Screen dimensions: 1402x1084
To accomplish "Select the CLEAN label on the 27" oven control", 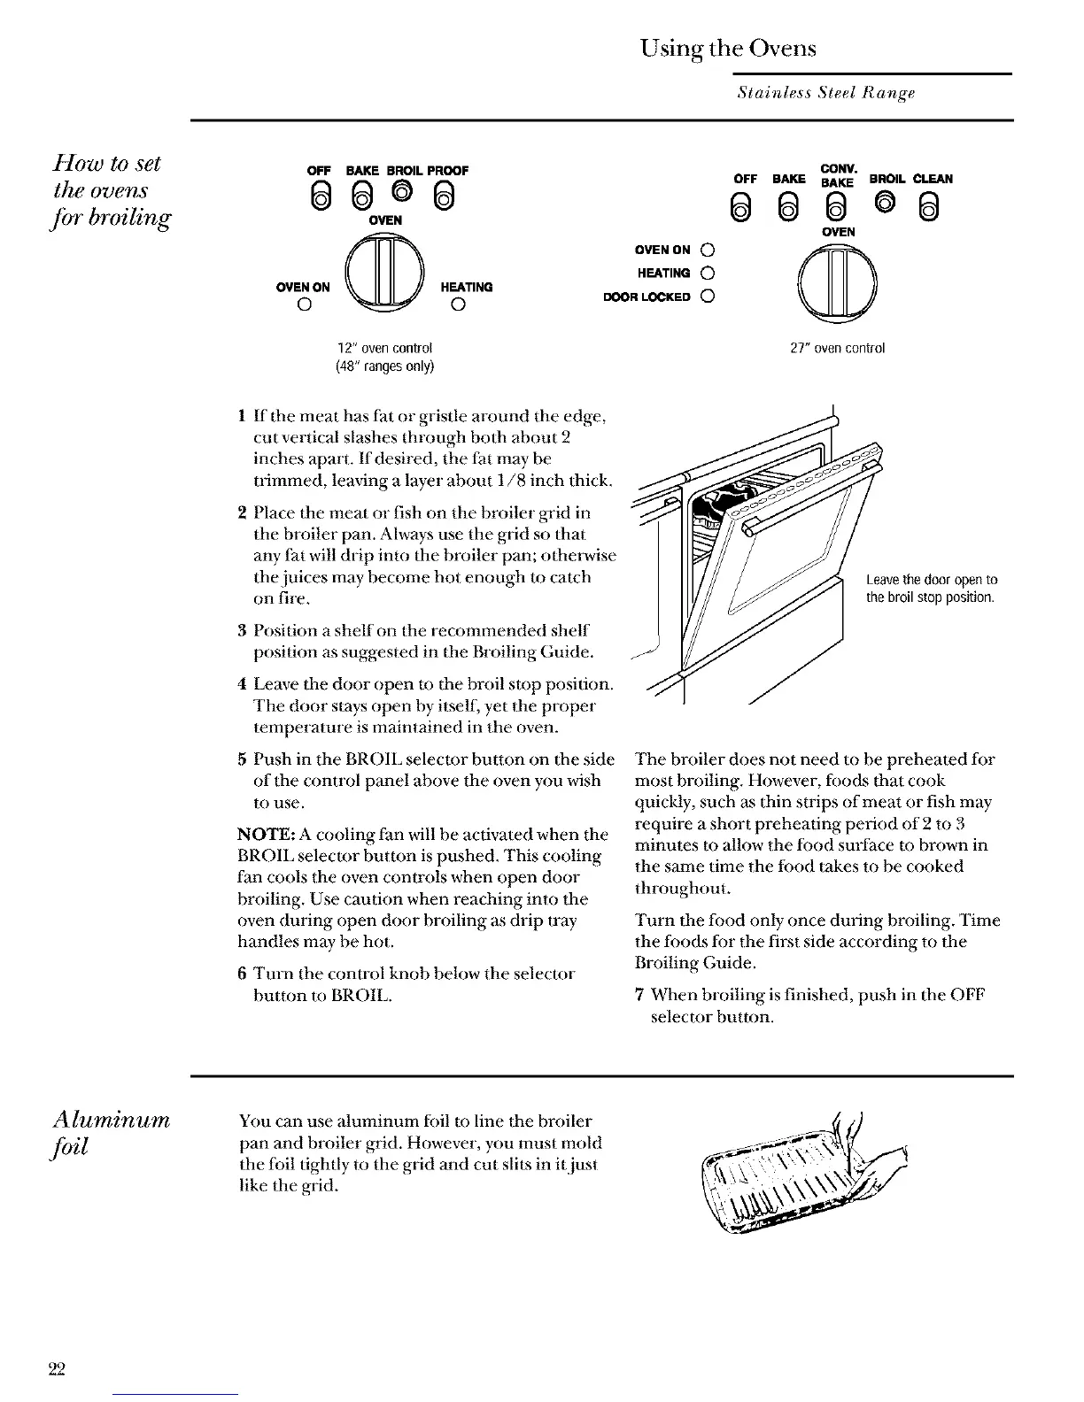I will pyautogui.click(x=933, y=178).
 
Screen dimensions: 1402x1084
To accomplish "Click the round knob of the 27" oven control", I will pyautogui.click(x=837, y=282).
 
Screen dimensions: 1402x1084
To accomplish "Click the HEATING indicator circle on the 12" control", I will pyautogui.click(x=456, y=306).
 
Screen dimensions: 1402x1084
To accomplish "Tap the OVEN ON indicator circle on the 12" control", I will pyautogui.click(x=303, y=306).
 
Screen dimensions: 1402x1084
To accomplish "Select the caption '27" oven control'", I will pyautogui.click(x=837, y=348).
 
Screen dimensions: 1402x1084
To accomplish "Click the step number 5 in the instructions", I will pyautogui.click(x=242, y=760).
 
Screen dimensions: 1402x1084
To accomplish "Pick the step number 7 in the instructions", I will pyautogui.click(x=639, y=996).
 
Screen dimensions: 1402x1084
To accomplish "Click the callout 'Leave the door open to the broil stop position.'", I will pyautogui.click(x=931, y=589).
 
